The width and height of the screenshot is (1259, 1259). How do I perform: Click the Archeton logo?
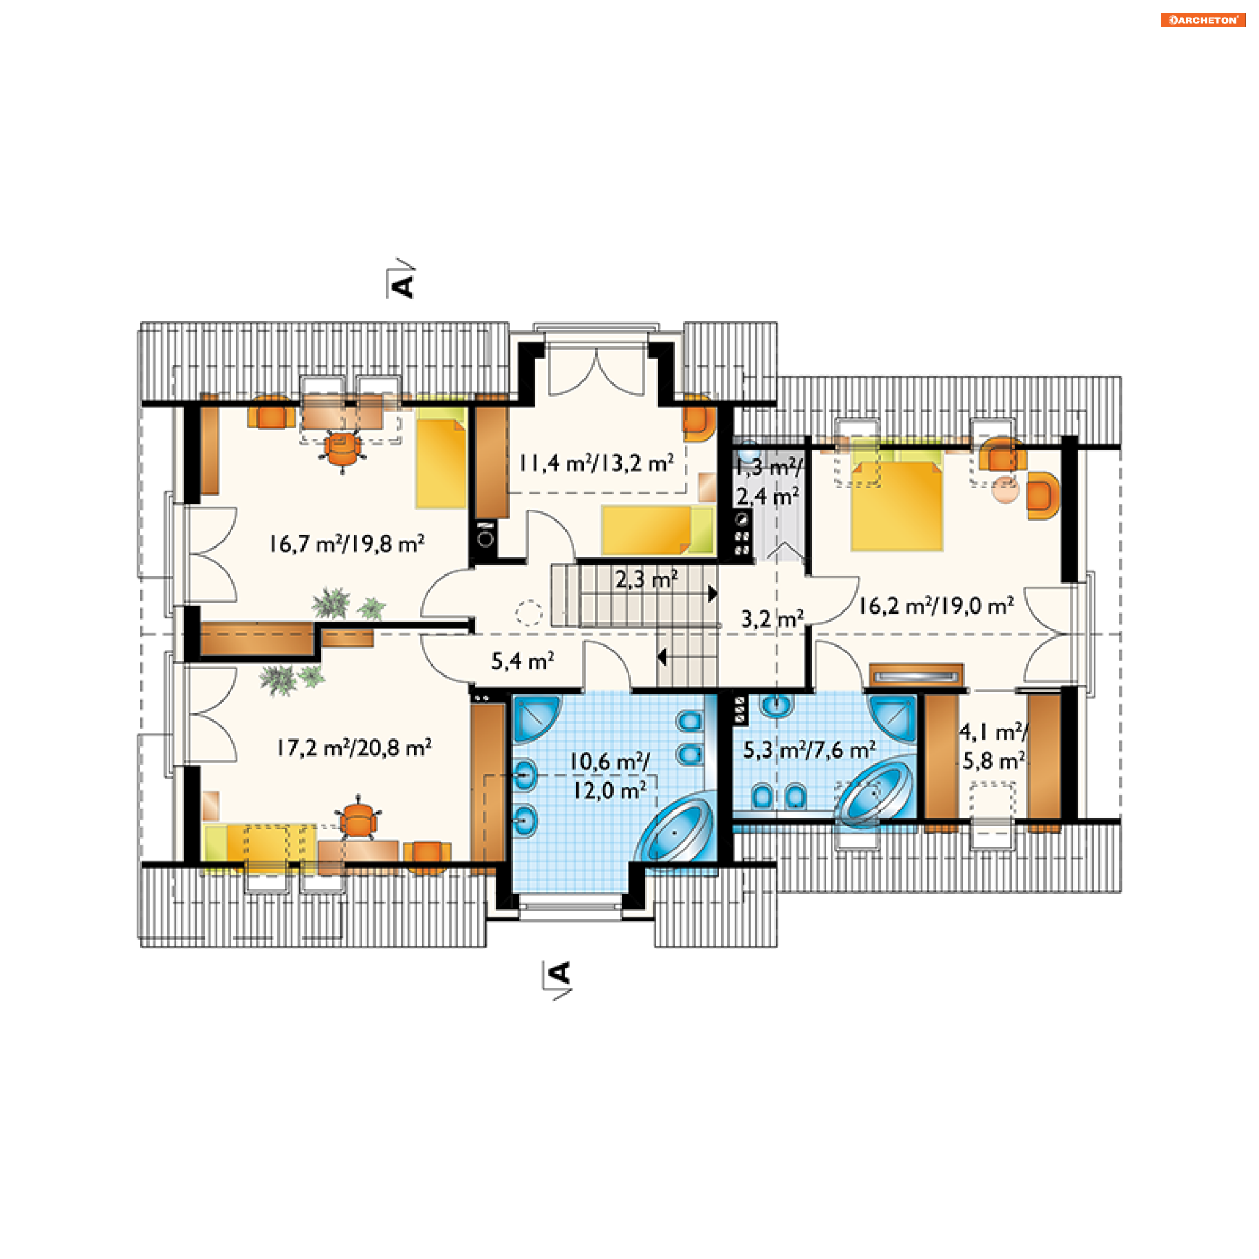1203,20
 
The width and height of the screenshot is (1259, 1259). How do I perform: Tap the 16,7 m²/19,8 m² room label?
347,544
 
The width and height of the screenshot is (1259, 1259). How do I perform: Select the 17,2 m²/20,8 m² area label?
354,748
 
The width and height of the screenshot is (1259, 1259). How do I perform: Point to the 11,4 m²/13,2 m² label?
597,463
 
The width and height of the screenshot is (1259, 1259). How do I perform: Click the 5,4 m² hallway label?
523,661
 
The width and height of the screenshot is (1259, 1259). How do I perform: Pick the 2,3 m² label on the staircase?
647,579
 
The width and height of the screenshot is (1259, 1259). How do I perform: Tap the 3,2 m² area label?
772,618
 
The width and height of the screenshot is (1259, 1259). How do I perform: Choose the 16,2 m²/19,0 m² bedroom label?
936,606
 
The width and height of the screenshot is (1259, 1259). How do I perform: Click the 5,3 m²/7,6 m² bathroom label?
809,749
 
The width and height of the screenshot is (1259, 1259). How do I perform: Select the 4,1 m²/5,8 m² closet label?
993,746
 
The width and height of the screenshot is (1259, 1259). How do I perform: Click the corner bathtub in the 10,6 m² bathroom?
675,828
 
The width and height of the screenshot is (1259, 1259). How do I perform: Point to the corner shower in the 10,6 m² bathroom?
536,719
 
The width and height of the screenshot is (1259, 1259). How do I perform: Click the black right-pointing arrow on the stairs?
713,594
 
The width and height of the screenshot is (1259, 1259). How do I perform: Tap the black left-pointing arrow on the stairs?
662,656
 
